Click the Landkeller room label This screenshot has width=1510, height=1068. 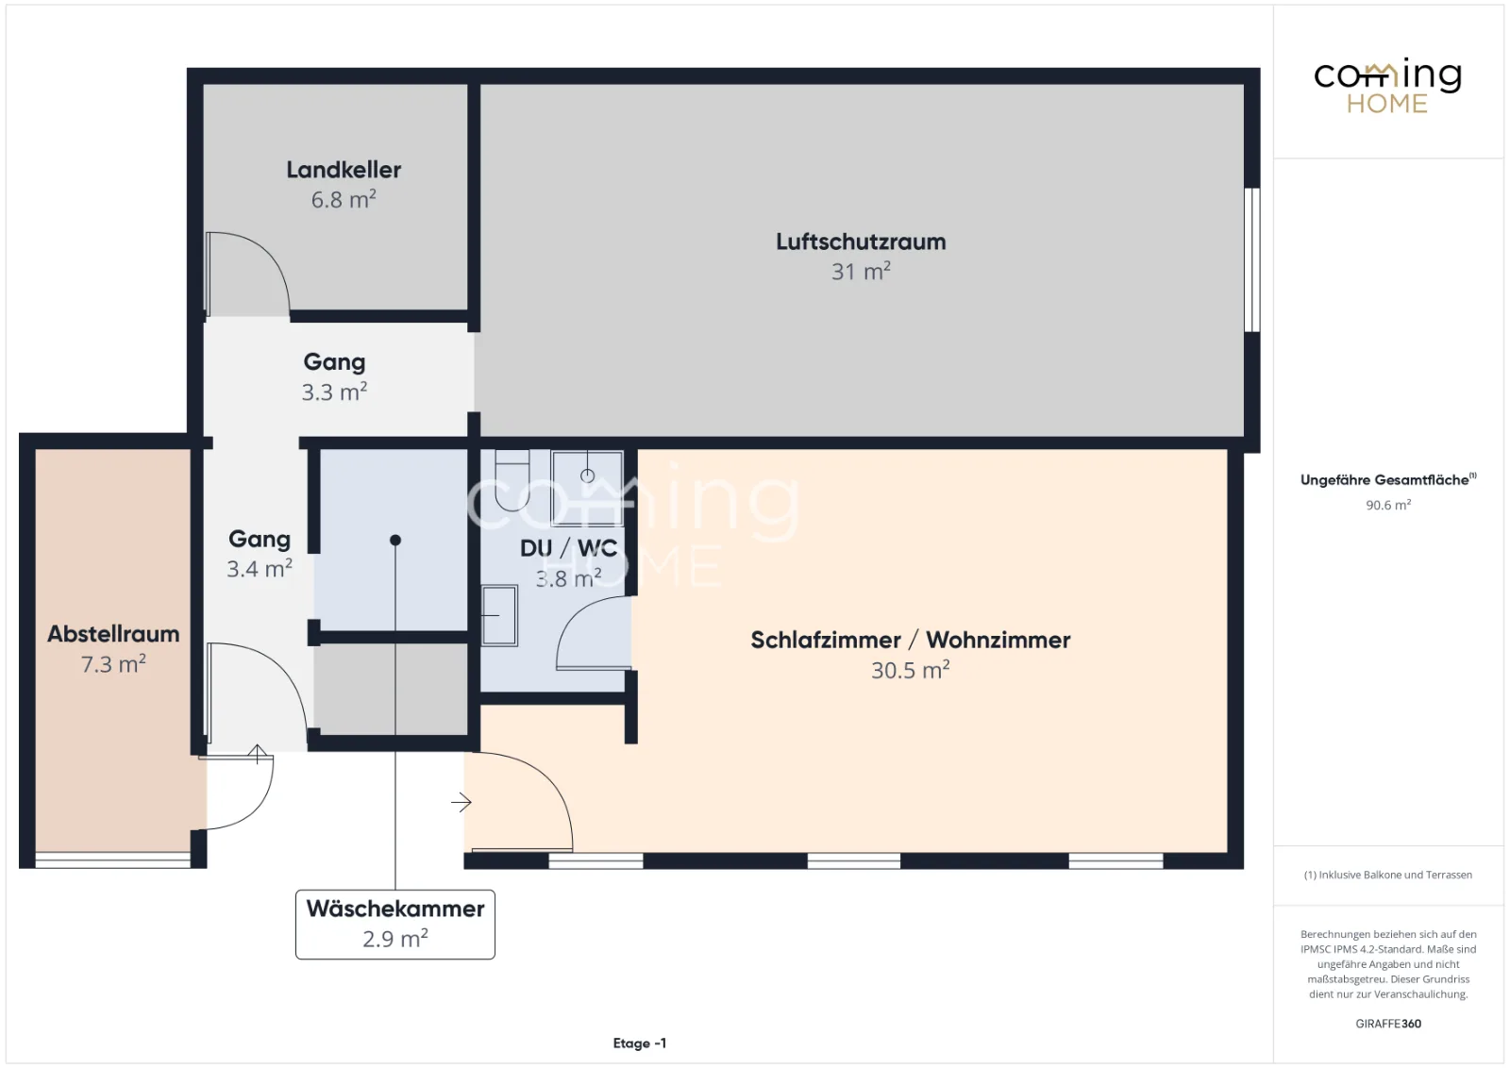click(x=344, y=170)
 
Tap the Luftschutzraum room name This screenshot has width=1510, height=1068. click(x=861, y=242)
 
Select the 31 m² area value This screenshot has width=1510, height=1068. click(x=861, y=272)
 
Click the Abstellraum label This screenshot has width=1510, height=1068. click(x=113, y=634)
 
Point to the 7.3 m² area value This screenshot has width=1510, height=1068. click(x=113, y=664)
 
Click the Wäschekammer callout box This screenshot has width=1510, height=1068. click(x=395, y=925)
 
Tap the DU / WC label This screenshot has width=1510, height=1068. click(x=568, y=548)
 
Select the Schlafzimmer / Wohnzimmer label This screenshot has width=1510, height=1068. click(x=910, y=640)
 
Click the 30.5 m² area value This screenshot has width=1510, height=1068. click(x=910, y=671)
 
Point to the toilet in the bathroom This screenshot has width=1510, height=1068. click(x=512, y=480)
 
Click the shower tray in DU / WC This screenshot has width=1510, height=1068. click(x=587, y=488)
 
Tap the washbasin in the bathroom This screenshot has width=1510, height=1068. click(x=499, y=616)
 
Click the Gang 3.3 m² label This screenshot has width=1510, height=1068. click(x=334, y=376)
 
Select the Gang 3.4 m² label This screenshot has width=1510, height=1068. click(x=260, y=554)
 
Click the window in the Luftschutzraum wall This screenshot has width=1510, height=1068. click(x=1251, y=260)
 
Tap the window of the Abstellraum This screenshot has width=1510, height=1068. click(x=113, y=860)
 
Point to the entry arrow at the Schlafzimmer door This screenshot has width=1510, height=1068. click(x=461, y=802)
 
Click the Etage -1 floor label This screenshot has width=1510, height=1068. click(x=640, y=1043)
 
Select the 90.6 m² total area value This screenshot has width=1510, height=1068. click(x=1388, y=505)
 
